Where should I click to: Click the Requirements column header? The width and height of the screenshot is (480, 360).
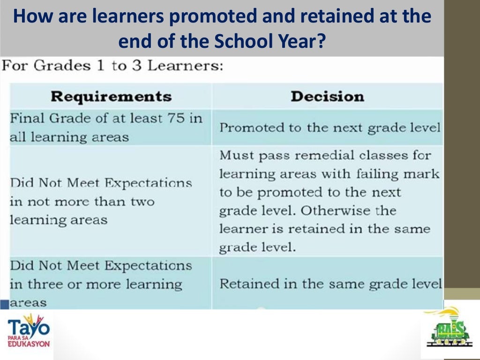pos(111,97)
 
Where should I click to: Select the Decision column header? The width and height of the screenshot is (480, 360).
pos(327,97)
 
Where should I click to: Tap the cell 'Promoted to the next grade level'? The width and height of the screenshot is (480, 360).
pos(330,127)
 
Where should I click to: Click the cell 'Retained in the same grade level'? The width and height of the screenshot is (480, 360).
pos(330,284)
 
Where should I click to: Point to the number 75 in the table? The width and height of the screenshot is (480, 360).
pos(179,118)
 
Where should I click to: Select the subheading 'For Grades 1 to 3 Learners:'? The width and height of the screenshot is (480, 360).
pos(112,66)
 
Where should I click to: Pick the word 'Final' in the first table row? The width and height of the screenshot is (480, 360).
pos(26,118)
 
